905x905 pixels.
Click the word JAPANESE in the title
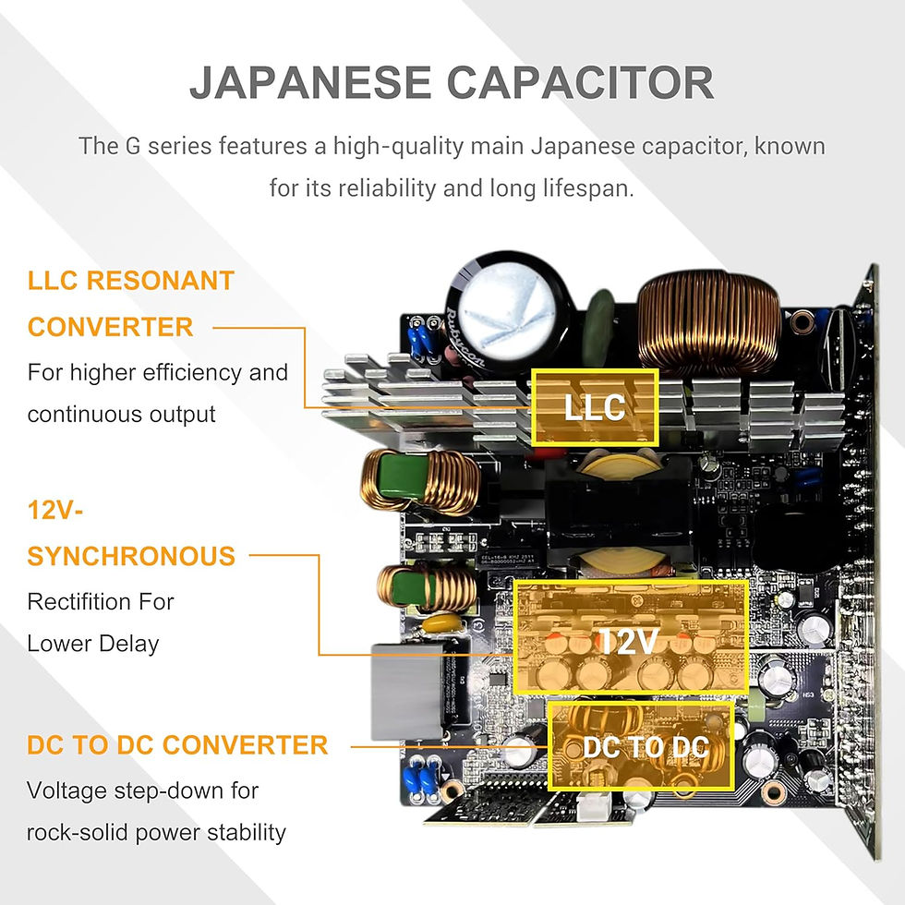coord(310,82)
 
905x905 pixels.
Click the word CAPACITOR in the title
coord(581,82)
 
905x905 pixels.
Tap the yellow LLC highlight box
coord(595,407)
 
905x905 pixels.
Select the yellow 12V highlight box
coord(630,636)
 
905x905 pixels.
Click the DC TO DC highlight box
coord(641,746)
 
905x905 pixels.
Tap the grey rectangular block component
coord(408,692)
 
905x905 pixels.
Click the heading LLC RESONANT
coord(131,281)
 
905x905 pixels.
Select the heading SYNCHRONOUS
coord(131,556)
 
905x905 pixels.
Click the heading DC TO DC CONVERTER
coord(177,745)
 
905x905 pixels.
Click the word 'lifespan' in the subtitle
coord(587,188)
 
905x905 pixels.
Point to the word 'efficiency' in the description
coord(193,373)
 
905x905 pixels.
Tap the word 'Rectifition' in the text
coord(72,602)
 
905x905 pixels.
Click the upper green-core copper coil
coord(420,481)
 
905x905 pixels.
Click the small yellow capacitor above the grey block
coord(442,624)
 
